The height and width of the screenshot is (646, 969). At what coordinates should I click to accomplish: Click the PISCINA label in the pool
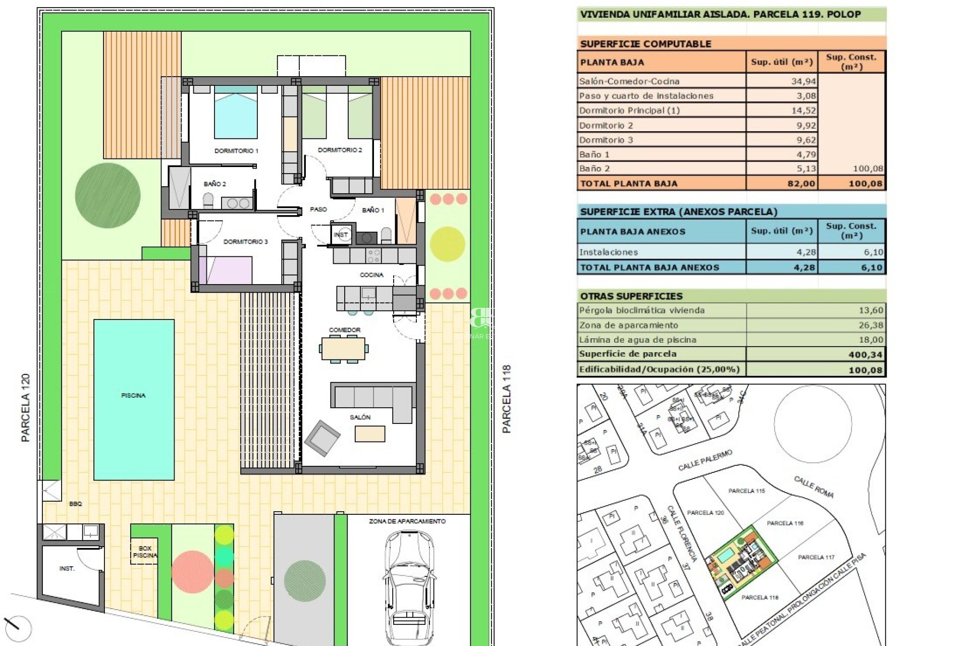pyautogui.click(x=133, y=395)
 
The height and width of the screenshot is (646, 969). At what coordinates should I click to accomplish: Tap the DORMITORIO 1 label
pyautogui.click(x=236, y=150)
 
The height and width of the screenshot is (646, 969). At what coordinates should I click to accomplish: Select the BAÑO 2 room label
pyautogui.click(x=215, y=184)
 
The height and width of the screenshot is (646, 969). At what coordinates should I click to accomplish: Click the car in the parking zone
pyautogui.click(x=409, y=585)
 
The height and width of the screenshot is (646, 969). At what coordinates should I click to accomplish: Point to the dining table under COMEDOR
pyautogui.click(x=344, y=348)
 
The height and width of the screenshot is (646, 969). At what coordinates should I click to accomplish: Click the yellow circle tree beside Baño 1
pyautogui.click(x=447, y=244)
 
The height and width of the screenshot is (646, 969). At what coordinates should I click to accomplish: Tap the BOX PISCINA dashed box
pyautogui.click(x=144, y=552)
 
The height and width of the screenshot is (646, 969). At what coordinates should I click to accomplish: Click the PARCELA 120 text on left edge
pyautogui.click(x=26, y=408)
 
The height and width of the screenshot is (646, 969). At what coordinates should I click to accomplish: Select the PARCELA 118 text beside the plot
pyautogui.click(x=507, y=399)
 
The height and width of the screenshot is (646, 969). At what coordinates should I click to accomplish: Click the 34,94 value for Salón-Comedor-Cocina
pyautogui.click(x=803, y=81)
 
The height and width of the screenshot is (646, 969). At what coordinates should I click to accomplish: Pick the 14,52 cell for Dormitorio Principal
pyautogui.click(x=803, y=111)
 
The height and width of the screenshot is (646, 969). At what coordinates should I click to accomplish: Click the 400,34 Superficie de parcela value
pyautogui.click(x=865, y=355)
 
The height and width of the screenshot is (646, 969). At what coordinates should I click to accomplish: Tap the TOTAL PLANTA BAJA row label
pyautogui.click(x=629, y=184)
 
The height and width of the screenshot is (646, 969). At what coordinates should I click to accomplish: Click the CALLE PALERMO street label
pyautogui.click(x=705, y=460)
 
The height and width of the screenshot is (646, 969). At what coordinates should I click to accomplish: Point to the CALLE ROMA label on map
pyautogui.click(x=814, y=487)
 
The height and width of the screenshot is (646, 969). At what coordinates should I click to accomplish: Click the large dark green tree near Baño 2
pyautogui.click(x=107, y=195)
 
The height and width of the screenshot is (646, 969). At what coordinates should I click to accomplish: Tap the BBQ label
pyautogui.click(x=75, y=504)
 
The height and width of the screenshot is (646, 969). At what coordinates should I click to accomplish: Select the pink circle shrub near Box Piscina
pyautogui.click(x=192, y=572)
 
